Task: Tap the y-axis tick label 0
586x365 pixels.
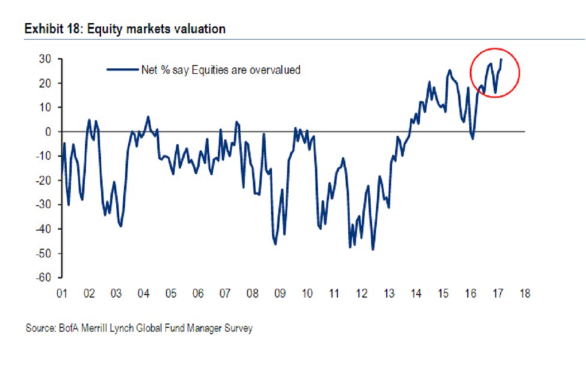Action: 46,131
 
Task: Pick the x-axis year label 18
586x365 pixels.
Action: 525,294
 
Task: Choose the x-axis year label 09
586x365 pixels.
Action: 280,294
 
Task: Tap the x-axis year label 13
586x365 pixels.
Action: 389,294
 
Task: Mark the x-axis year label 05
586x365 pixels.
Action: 171,294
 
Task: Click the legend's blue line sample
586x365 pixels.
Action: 122,70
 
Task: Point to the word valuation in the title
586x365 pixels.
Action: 199,29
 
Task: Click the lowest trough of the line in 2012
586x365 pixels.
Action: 372,250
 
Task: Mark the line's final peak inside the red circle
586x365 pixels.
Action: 501,59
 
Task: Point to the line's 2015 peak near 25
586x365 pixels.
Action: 449,70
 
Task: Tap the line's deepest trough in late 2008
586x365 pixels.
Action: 275,244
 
